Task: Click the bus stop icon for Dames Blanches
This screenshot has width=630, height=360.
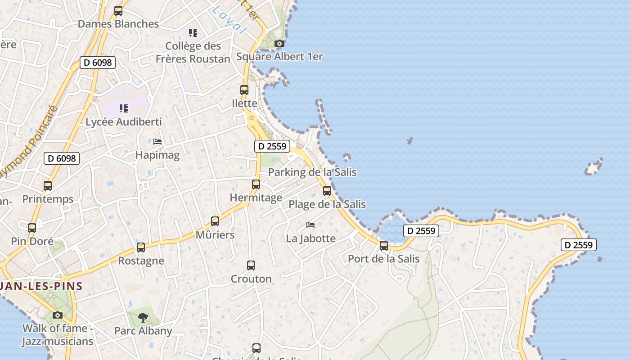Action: pyautogui.click(x=118, y=11)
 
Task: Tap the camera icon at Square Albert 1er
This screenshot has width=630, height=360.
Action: pyautogui.click(x=279, y=44)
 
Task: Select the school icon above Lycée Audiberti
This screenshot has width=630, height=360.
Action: pyautogui.click(x=123, y=108)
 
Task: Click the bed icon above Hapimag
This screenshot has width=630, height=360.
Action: pyautogui.click(x=157, y=141)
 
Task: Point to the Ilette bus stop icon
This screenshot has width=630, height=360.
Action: pyautogui.click(x=244, y=90)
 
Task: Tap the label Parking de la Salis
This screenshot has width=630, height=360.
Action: pyautogui.click(x=312, y=172)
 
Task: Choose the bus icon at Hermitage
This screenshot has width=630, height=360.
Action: pyautogui.click(x=256, y=184)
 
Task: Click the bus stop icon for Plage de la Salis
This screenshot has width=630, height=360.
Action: pyautogui.click(x=327, y=191)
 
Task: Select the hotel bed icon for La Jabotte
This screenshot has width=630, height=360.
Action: pyautogui.click(x=310, y=225)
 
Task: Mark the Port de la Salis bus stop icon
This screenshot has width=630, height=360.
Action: pyautogui.click(x=384, y=246)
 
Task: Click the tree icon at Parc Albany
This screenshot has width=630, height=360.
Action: pyautogui.click(x=143, y=318)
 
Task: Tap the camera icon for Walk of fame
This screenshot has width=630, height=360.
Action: pyautogui.click(x=58, y=315)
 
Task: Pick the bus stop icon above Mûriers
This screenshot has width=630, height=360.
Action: pyautogui.click(x=215, y=221)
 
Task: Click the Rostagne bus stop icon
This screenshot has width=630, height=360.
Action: pyautogui.click(x=141, y=247)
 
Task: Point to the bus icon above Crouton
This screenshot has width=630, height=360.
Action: pyautogui.click(x=251, y=265)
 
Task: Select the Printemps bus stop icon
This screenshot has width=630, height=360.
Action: pyautogui.click(x=48, y=185)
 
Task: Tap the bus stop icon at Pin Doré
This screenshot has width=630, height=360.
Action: pyautogui.click(x=32, y=228)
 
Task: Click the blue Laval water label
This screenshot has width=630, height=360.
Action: pyautogui.click(x=230, y=19)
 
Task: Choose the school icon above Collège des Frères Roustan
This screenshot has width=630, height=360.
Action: pyautogui.click(x=193, y=32)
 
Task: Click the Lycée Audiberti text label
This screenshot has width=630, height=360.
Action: pyautogui.click(x=123, y=122)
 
